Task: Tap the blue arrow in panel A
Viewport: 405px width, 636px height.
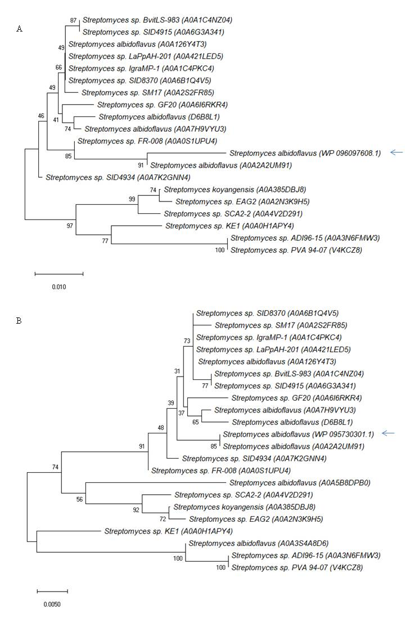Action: pos(397,152)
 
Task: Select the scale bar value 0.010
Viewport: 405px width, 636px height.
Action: pos(59,286)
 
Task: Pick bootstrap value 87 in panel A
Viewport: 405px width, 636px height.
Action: pos(73,20)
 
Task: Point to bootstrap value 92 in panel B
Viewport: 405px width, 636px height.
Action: pos(136,510)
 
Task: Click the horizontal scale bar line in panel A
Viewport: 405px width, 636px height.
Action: pos(59,274)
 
